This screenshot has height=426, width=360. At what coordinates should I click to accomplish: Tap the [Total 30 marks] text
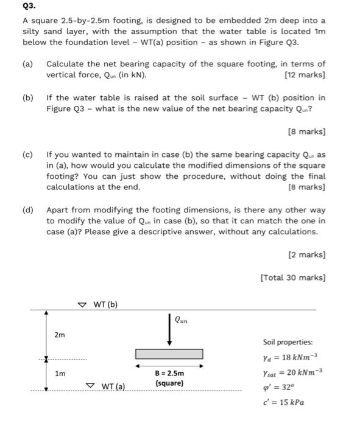[x=292, y=278]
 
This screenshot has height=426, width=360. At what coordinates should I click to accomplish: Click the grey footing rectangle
[x=169, y=354]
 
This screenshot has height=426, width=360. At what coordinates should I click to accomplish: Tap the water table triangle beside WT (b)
[x=83, y=304]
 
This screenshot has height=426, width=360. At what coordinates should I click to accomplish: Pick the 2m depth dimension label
[x=60, y=335]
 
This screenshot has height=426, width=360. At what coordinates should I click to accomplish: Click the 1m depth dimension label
[x=60, y=374]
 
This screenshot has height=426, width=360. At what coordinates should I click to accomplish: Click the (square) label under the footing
[x=169, y=383]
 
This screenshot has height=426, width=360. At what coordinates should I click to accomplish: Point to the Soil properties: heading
[x=288, y=342]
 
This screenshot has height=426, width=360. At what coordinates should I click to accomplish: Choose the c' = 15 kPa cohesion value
[x=283, y=402]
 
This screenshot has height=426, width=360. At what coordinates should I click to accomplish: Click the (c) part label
[x=28, y=155]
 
